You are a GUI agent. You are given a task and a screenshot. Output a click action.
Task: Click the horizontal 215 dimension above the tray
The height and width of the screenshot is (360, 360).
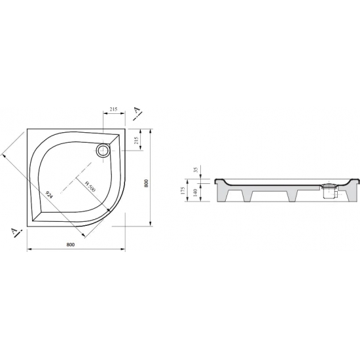[x=113, y=109]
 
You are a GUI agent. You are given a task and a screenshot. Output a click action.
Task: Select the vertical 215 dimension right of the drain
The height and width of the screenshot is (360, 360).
[x=136, y=140]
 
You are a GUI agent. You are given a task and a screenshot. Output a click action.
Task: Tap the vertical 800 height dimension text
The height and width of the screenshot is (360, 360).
[x=146, y=183]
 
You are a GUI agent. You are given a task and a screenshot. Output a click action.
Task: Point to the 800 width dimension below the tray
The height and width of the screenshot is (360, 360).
[x=71, y=245]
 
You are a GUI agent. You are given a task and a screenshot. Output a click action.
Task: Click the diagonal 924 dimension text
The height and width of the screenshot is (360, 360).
[x=49, y=194]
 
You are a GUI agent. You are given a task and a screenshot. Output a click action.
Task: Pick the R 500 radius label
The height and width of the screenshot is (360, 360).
[x=90, y=186]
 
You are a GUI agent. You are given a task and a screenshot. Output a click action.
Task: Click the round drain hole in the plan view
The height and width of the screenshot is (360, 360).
[x=103, y=151]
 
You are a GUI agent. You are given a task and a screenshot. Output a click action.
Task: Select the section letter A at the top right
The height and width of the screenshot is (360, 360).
[x=137, y=110]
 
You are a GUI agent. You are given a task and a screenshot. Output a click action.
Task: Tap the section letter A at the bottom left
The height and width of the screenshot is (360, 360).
[x=14, y=232]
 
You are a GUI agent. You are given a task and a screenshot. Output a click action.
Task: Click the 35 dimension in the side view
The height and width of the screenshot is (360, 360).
[x=196, y=170]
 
